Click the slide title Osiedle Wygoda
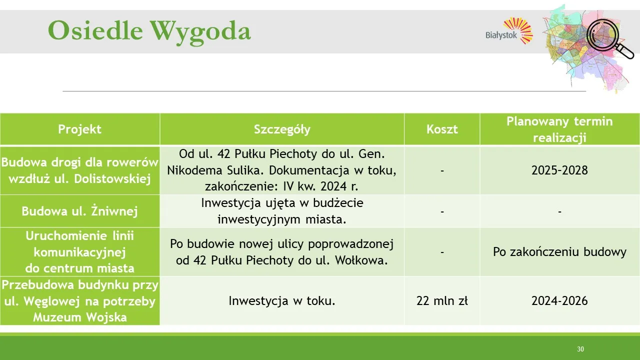click(x=149, y=31)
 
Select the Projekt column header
click(x=80, y=129)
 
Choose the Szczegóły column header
click(x=282, y=129)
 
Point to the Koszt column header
click(x=442, y=129)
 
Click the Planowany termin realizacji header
click(x=559, y=129)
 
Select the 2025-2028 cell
click(x=559, y=170)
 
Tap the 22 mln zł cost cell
click(x=442, y=301)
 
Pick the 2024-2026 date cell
click(x=559, y=301)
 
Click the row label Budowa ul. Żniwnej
click(x=80, y=211)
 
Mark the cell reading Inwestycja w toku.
click(x=282, y=301)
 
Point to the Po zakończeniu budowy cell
click(x=559, y=251)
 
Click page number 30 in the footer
click(x=580, y=349)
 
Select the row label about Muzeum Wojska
click(x=80, y=301)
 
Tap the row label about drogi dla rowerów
click(x=80, y=170)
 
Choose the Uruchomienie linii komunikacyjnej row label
click(x=80, y=251)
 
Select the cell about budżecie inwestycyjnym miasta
click(x=282, y=211)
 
